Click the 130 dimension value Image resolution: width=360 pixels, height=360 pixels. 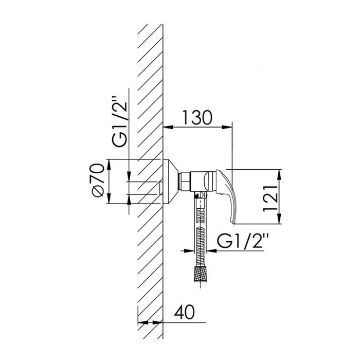[x=197, y=118]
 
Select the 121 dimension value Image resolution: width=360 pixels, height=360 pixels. [x=271, y=197]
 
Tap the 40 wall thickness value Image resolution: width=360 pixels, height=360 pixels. [x=184, y=312]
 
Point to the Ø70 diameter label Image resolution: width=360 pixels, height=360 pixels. [x=98, y=180]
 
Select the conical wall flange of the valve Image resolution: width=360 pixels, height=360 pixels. [x=171, y=182]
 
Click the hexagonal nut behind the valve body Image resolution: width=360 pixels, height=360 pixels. [x=185, y=182]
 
